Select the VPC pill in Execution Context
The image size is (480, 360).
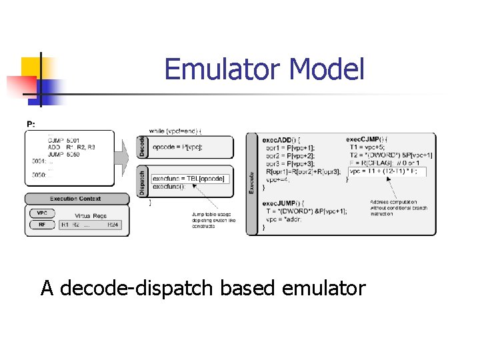click(x=41, y=213)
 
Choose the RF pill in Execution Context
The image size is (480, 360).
click(x=41, y=225)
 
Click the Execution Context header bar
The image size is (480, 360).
click(x=75, y=199)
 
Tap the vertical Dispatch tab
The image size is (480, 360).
click(x=142, y=181)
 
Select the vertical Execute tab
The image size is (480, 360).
click(x=251, y=183)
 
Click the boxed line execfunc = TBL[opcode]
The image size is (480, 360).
click(x=189, y=179)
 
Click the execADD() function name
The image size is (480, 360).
click(x=281, y=139)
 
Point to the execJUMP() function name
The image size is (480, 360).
click(x=283, y=203)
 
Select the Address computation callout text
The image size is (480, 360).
click(x=399, y=208)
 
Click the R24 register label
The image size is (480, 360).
click(x=114, y=225)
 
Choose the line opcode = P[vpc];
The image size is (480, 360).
click(x=177, y=147)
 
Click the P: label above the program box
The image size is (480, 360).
click(x=31, y=124)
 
